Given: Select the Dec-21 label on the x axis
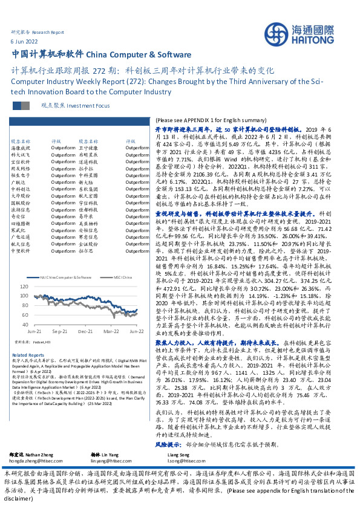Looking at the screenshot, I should pos(85,331).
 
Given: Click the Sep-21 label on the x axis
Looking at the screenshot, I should pos(59,331).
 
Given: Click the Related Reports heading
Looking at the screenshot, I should pos(28,355).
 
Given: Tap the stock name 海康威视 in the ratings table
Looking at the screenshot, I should pos(20,148).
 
